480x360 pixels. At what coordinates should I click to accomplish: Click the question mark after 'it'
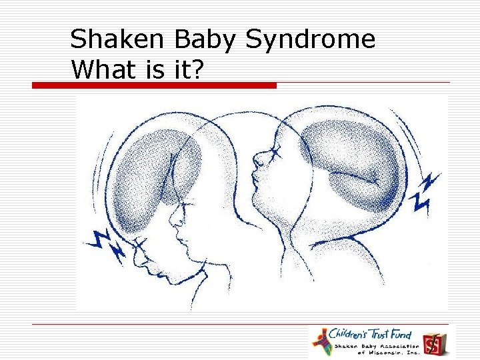[197, 69]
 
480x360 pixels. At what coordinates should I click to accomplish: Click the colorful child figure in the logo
[322, 341]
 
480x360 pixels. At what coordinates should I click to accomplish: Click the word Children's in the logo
[352, 334]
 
